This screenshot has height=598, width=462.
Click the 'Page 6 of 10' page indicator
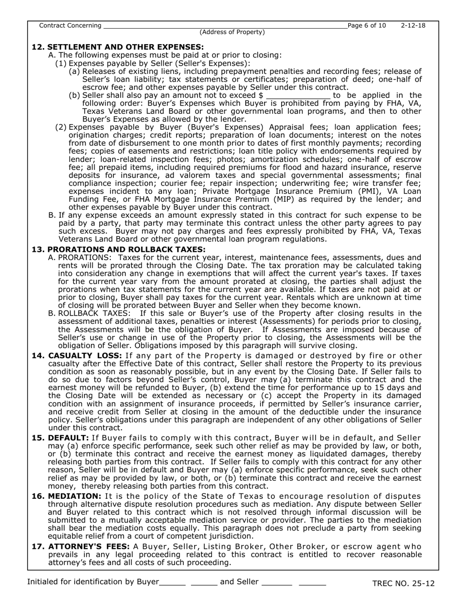367,25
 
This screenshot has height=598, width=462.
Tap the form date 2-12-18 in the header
413,25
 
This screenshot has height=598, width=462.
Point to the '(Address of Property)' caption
232,32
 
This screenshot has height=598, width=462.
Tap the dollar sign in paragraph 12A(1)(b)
261,95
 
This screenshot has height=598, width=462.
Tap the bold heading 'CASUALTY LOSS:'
85,356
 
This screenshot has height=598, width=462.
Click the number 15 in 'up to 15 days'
372,387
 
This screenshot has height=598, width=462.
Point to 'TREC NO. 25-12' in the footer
403,583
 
